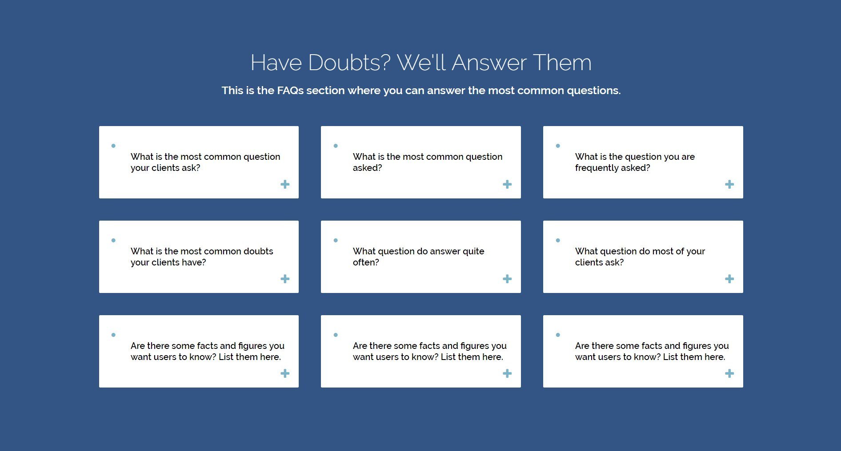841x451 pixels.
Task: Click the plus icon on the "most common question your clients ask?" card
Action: pyautogui.click(x=285, y=184)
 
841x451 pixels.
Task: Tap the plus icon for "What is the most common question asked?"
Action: pyautogui.click(x=507, y=184)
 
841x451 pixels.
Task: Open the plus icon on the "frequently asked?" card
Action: pyautogui.click(x=729, y=184)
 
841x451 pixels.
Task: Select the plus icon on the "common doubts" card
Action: pyautogui.click(x=285, y=279)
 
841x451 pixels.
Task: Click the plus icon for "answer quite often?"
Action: pyautogui.click(x=507, y=279)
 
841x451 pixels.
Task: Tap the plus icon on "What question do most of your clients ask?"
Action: pyautogui.click(x=729, y=279)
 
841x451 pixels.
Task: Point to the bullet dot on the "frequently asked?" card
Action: pyautogui.click(x=558, y=146)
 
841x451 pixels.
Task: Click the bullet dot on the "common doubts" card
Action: pyautogui.click(x=113, y=240)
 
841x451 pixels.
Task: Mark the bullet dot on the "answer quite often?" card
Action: pyautogui.click(x=336, y=240)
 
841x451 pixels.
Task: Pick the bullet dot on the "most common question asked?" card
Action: pyautogui.click(x=336, y=146)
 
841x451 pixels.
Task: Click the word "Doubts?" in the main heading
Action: pyautogui.click(x=349, y=63)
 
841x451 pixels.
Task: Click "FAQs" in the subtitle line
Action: pyautogui.click(x=290, y=91)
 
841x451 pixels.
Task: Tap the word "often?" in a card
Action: pyautogui.click(x=366, y=262)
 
